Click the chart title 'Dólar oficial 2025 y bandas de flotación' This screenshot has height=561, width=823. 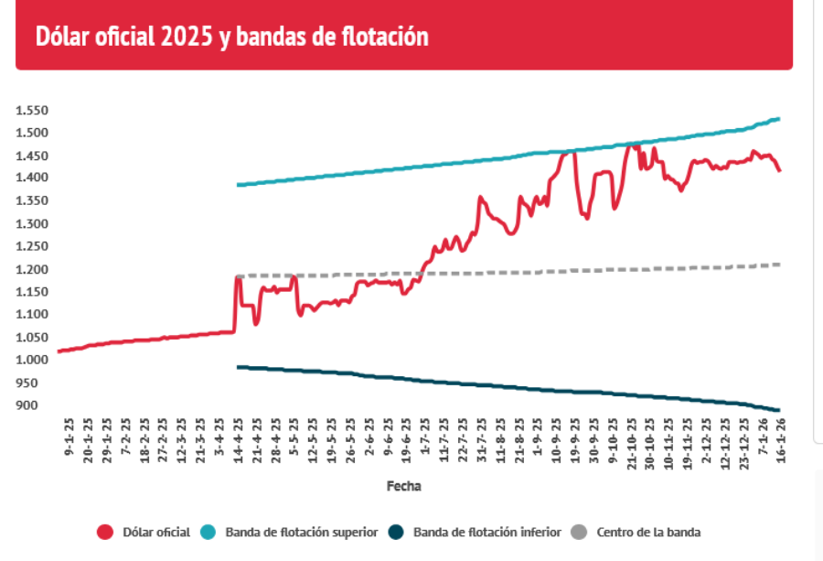coord(232,37)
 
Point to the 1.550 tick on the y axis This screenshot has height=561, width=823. coord(32,110)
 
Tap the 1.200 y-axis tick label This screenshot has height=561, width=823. coord(32,269)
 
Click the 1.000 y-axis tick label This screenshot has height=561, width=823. coord(32,360)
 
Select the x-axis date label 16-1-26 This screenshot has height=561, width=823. coord(781,440)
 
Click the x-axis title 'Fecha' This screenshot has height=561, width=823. coord(404,486)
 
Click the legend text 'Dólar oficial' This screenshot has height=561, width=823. coord(156,532)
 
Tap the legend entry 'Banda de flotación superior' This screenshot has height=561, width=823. coord(301,532)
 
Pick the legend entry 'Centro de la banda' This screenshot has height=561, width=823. coord(647,532)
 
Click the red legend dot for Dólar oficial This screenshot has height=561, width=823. coord(105,532)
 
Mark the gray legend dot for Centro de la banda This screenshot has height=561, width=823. coord(578,532)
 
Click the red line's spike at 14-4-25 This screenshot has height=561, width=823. coord(238,277)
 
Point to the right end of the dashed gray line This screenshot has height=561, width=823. coord(779,264)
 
